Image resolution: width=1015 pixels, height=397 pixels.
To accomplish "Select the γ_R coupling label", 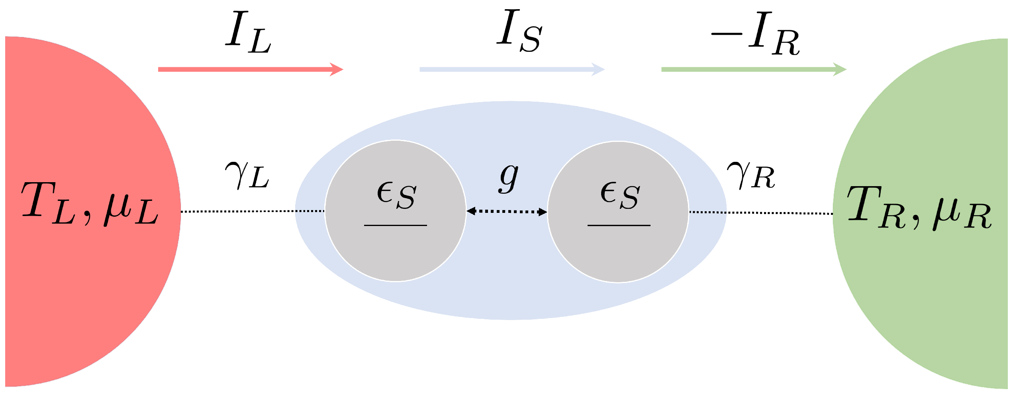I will pyautogui.click(x=751, y=176).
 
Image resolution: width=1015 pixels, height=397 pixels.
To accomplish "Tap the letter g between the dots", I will pyautogui.click(x=509, y=178).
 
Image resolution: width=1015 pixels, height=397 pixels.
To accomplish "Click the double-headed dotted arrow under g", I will pyautogui.click(x=507, y=212).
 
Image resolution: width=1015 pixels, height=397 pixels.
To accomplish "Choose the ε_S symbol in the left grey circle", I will pyautogui.click(x=396, y=195).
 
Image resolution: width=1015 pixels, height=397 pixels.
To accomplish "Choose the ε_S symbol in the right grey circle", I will pyautogui.click(x=620, y=195).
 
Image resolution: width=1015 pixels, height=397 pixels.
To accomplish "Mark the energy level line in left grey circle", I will pyautogui.click(x=396, y=226).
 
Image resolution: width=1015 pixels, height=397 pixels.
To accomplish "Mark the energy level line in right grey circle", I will pyautogui.click(x=619, y=226).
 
